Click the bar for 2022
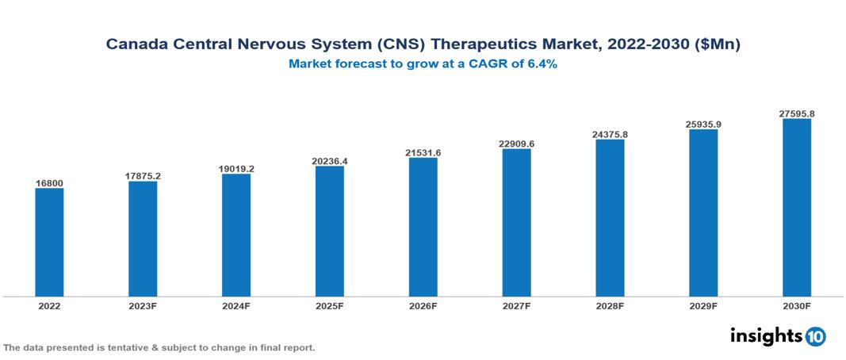49,242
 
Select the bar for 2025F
329,231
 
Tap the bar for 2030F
796,208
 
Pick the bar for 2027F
516,223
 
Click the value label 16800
49,183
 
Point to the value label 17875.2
143,176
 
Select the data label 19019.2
235,169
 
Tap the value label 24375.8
610,134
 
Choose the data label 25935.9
703,124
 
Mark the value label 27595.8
796,114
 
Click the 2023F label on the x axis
143,305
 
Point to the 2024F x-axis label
235,305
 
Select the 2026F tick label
423,305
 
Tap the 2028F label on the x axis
610,305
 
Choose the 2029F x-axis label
703,305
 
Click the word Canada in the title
136,45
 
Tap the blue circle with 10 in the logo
815,336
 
